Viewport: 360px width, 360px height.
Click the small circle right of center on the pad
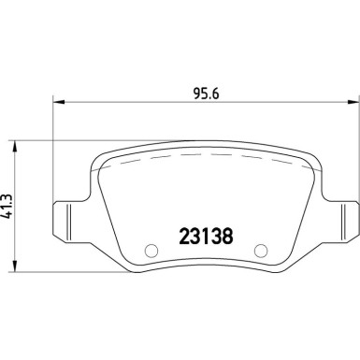pos(261,250)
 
